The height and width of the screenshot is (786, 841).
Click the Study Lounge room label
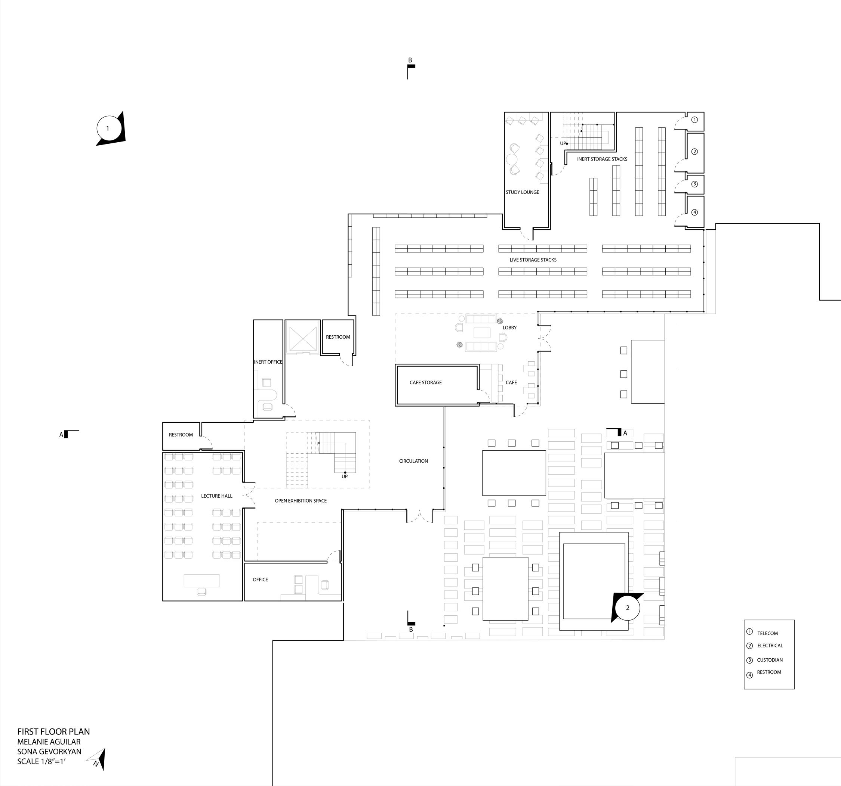[522, 192]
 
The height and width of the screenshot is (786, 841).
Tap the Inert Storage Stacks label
[602, 159]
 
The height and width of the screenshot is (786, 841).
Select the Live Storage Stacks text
[533, 260]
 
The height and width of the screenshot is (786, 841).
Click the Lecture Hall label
[216, 496]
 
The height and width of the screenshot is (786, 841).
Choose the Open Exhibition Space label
[301, 501]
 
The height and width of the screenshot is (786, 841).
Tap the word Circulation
[413, 461]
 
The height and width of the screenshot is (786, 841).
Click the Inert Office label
[268, 362]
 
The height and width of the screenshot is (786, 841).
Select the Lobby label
[509, 327]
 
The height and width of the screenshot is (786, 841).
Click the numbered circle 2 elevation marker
[627, 608]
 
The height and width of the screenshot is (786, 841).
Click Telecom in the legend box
[767, 633]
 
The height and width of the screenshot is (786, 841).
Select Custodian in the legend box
[770, 660]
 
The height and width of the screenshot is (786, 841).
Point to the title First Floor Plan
[53, 731]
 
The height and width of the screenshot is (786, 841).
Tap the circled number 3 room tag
[694, 184]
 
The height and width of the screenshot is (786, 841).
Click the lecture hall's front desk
[201, 581]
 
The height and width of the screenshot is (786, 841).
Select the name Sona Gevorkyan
[49, 751]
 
